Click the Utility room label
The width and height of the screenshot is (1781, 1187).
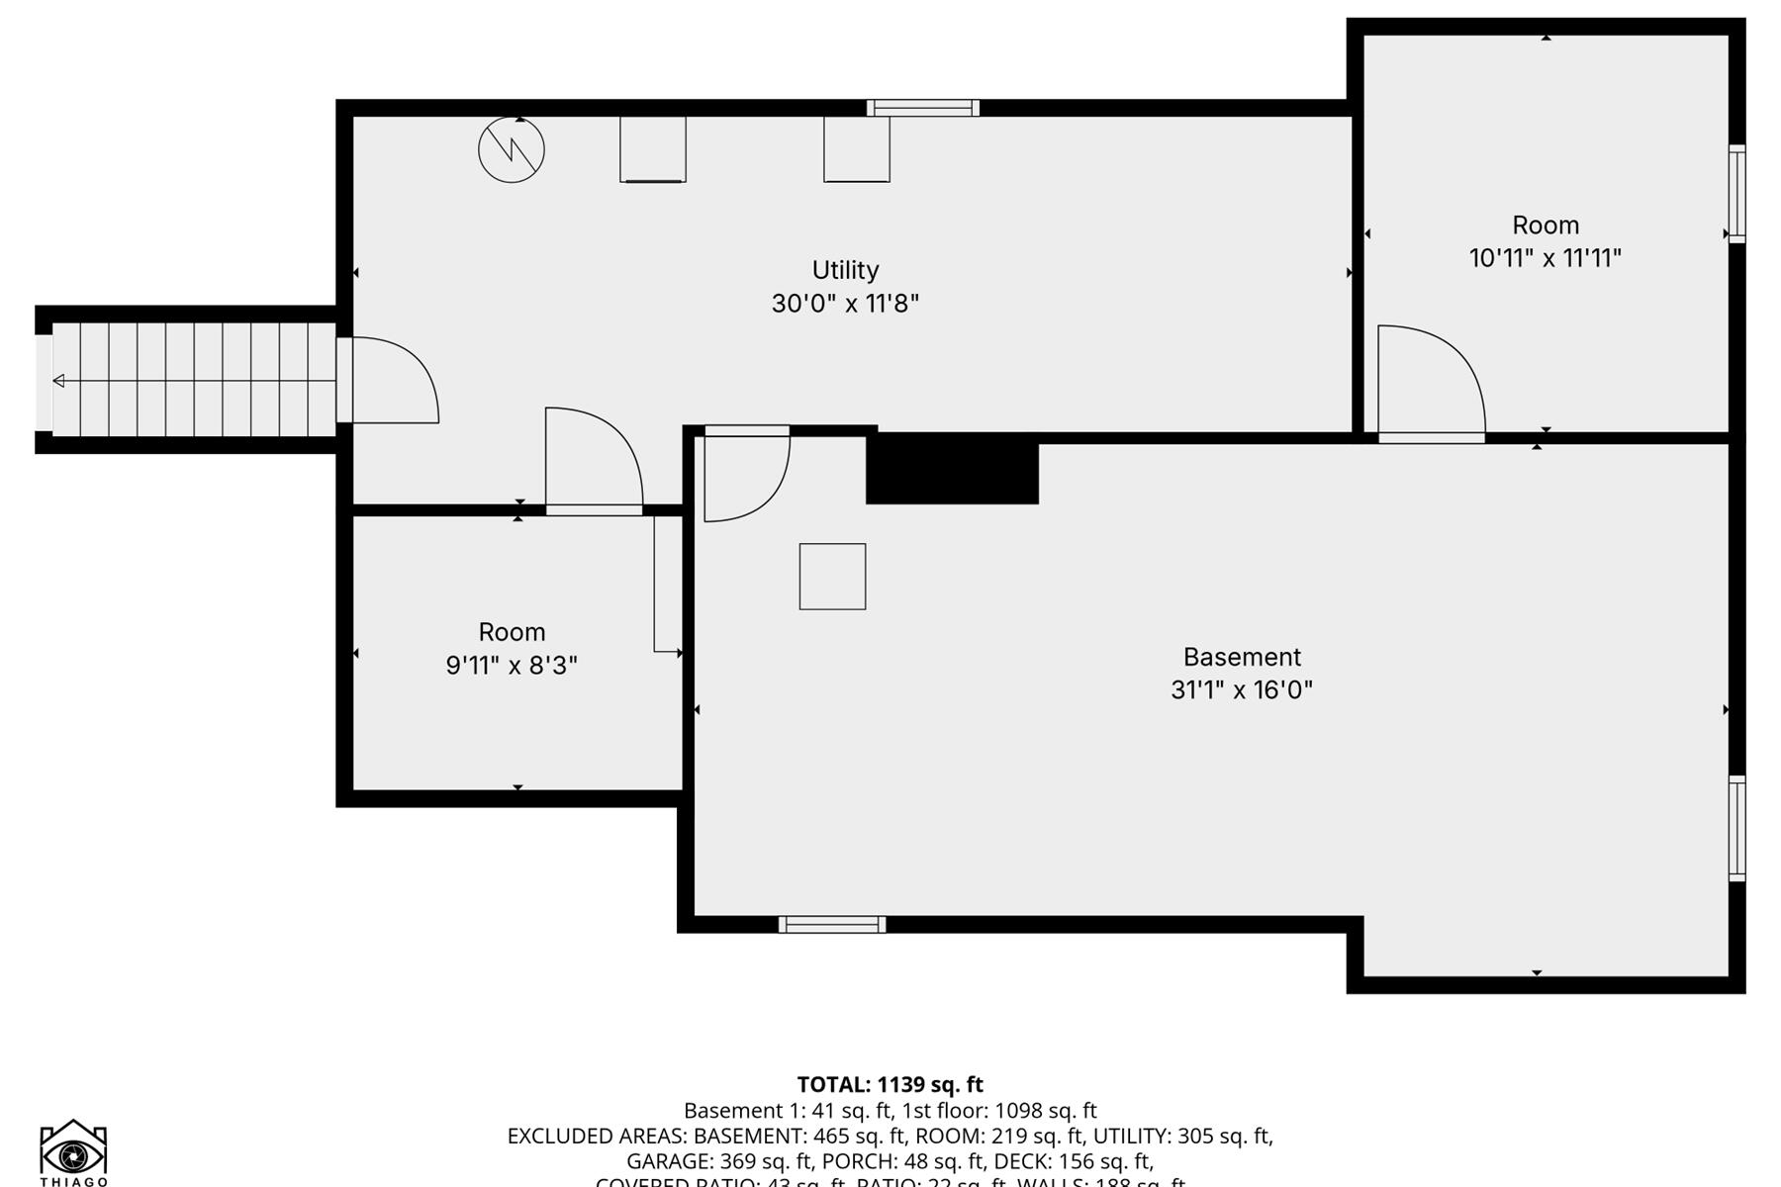(845, 270)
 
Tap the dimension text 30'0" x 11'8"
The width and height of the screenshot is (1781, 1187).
(845, 303)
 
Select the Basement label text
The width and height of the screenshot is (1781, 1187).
(1242, 657)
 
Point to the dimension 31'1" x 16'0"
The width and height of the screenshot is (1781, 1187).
(1242, 689)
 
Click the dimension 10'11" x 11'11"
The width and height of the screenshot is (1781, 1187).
(1545, 258)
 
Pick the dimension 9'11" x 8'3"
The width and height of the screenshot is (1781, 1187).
(512, 665)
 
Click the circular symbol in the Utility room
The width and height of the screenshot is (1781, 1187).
(512, 150)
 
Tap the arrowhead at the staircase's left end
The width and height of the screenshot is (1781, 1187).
(58, 381)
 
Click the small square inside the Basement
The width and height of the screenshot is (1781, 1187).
(832, 577)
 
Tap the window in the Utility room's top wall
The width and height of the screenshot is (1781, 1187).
(923, 108)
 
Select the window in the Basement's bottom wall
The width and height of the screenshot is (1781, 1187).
(832, 925)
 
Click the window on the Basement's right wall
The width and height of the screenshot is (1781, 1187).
(1736, 829)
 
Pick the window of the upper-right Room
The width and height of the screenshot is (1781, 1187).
(1736, 194)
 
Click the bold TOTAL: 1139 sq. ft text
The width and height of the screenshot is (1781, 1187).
(890, 1084)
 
